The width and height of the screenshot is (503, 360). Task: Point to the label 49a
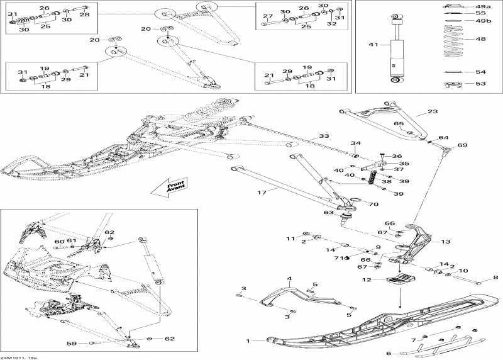pos(482,6)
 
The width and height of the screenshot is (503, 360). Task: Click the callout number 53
pos(480,83)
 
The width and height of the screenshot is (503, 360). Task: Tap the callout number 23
pos(432,111)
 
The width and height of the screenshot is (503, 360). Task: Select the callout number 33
pos(324,136)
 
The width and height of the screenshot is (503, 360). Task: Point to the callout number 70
pos(373,204)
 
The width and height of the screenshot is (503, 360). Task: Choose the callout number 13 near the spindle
pos(445,242)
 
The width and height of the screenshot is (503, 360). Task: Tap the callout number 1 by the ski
pos(248,341)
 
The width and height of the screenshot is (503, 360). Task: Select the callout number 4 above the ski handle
pos(290,278)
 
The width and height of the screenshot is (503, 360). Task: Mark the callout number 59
pos(89,343)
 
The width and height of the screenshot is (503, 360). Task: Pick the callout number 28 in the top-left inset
pos(84,14)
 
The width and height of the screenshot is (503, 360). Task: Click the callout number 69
pos(462,145)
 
